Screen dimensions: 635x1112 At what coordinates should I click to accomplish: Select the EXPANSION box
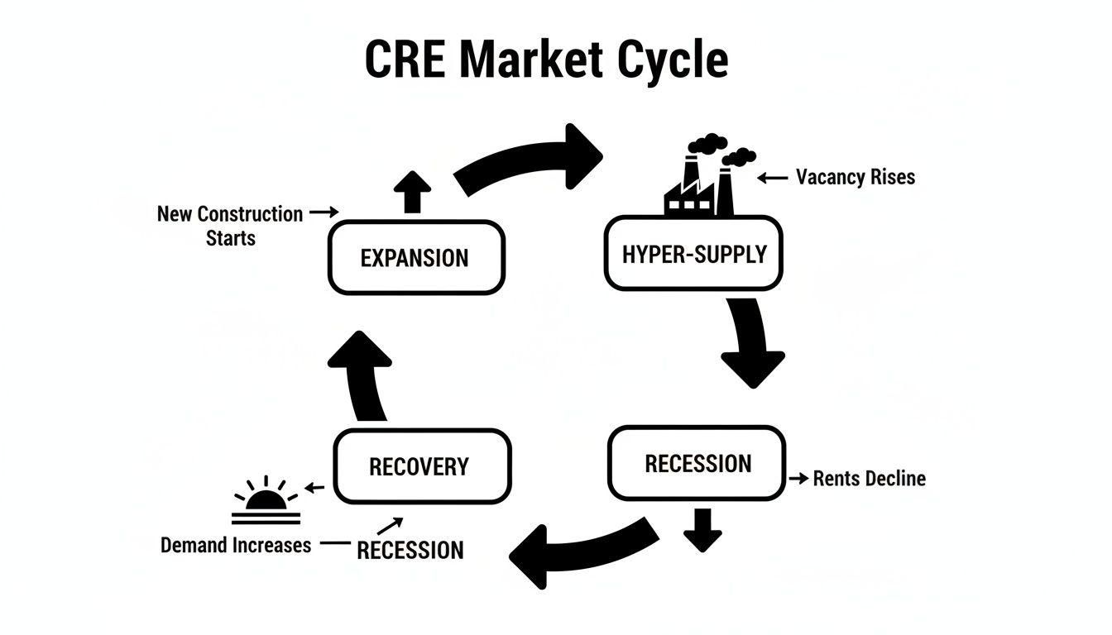click(415, 257)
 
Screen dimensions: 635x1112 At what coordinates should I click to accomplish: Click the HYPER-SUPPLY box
click(693, 254)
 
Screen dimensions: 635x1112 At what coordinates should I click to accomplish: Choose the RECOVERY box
click(422, 466)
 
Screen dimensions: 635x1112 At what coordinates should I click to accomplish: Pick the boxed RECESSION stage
click(697, 463)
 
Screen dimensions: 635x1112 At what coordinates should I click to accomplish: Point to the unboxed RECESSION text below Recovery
click(410, 550)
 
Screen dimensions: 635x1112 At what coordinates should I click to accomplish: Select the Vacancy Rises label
click(855, 177)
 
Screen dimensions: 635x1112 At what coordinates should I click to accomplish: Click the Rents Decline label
click(869, 478)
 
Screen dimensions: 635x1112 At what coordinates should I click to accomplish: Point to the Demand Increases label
click(236, 545)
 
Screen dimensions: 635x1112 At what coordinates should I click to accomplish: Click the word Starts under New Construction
click(231, 238)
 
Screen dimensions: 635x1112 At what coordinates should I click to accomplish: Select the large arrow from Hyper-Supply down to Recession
click(750, 343)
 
